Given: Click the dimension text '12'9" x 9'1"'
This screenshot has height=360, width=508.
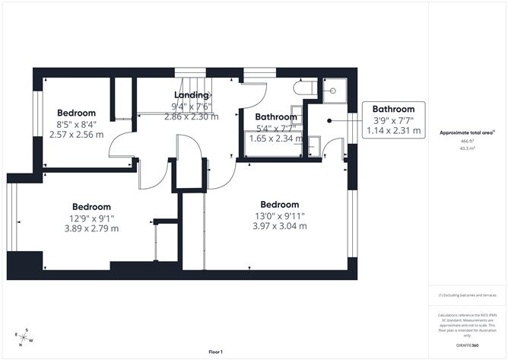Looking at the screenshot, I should (91, 218).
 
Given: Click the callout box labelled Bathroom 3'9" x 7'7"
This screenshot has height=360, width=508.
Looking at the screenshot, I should (393, 119).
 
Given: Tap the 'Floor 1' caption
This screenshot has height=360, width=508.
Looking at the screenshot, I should (215, 352).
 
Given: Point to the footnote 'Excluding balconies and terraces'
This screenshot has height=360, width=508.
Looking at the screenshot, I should (467, 295).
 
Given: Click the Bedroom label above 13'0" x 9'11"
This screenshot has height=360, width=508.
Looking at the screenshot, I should (279, 205).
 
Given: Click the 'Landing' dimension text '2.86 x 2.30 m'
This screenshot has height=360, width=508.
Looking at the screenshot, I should (191, 116).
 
